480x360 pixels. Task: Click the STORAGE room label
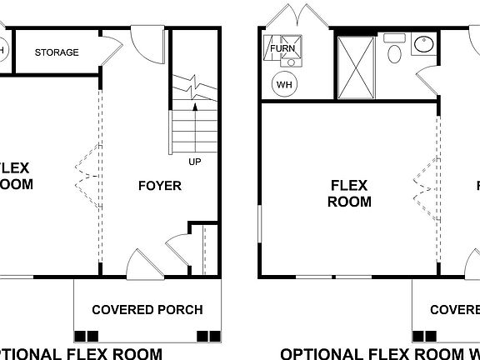point(57,52)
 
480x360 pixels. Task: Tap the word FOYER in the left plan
point(159,185)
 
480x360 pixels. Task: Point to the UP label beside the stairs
point(195,161)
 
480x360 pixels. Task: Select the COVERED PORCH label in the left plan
point(147,310)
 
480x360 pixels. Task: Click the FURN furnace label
point(282,49)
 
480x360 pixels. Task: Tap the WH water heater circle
point(284,84)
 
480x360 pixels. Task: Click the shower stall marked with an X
point(356,66)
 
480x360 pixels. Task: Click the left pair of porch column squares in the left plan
point(86,336)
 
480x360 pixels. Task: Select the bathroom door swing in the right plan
point(427,82)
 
